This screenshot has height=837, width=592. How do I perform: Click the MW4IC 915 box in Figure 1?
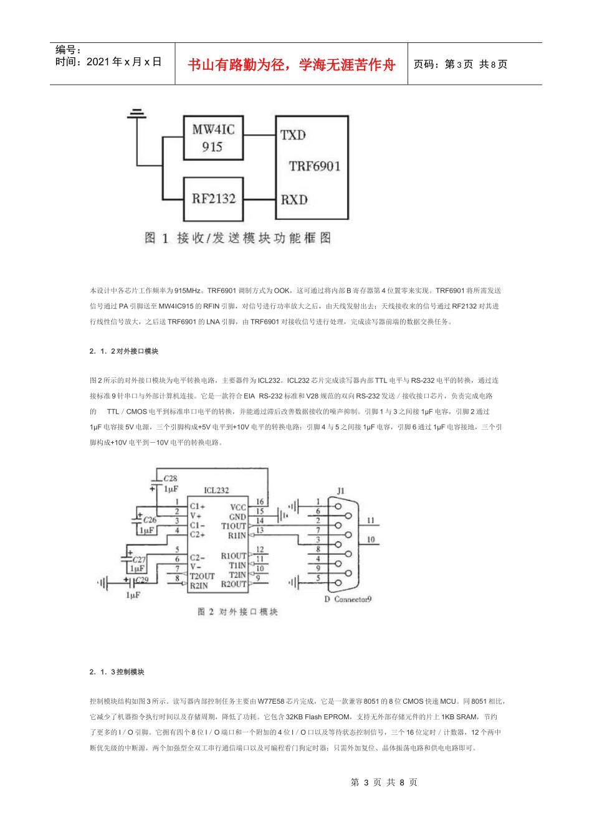(x=213, y=138)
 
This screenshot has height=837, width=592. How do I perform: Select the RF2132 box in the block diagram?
(x=213, y=199)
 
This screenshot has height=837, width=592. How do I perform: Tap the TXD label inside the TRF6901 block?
(x=293, y=135)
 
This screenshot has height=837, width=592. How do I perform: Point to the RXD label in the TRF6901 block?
(x=294, y=200)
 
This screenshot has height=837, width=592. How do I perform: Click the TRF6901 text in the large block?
(x=315, y=166)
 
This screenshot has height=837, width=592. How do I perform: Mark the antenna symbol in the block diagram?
(x=136, y=114)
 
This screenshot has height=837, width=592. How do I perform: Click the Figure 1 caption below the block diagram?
(x=237, y=238)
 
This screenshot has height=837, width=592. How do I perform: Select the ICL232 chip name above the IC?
(x=216, y=491)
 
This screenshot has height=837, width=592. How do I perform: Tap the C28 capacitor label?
(x=170, y=479)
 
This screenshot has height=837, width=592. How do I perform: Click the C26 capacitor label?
(x=150, y=520)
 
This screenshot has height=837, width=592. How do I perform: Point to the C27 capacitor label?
(x=138, y=560)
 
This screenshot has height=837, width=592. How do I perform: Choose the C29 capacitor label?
(x=142, y=580)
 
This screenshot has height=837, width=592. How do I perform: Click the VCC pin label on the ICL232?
(x=238, y=508)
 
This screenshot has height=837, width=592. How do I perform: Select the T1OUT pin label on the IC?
(x=234, y=526)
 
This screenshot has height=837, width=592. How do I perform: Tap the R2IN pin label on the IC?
(x=199, y=585)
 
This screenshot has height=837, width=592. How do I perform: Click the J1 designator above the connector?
(x=340, y=491)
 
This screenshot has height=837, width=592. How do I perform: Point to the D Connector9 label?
(x=348, y=599)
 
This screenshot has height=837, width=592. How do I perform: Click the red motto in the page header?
(x=292, y=65)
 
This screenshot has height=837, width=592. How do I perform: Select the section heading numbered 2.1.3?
(x=117, y=672)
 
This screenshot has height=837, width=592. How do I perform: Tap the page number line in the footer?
(x=384, y=782)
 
